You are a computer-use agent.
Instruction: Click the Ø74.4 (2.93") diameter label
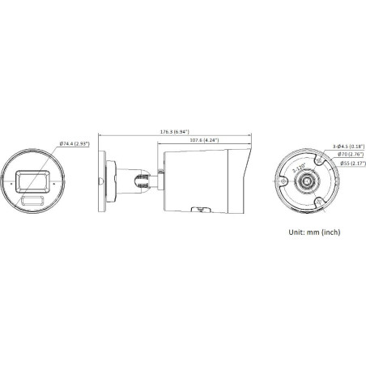pyautogui.click(x=74, y=144)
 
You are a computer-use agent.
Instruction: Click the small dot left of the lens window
pyautogui.click(x=9, y=181)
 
